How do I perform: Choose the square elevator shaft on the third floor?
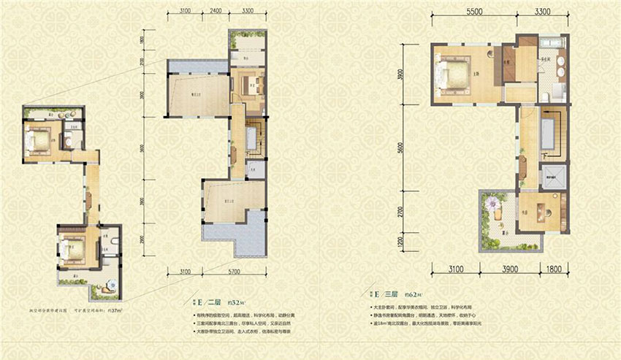[552, 175]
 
